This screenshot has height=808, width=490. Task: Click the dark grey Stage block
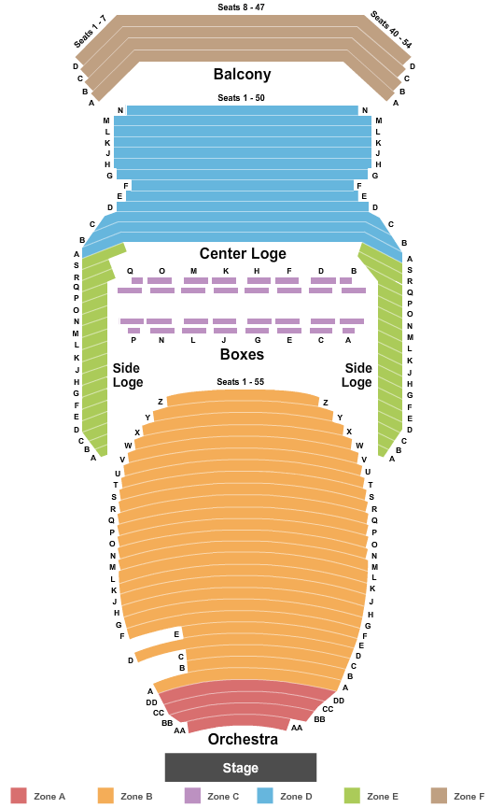(x=241, y=767)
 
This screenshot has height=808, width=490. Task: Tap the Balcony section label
(x=242, y=74)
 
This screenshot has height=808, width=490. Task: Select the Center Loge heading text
(x=243, y=253)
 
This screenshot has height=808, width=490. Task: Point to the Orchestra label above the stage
(x=243, y=739)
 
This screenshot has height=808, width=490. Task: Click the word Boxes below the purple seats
(x=242, y=355)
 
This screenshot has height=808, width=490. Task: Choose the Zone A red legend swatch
(x=19, y=796)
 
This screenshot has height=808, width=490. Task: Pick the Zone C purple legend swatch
(x=192, y=796)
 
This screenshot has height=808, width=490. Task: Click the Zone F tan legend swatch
(x=439, y=796)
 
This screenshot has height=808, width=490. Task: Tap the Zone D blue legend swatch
(x=264, y=796)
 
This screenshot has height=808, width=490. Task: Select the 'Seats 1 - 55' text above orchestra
(x=241, y=382)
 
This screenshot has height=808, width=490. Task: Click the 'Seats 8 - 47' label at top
(x=241, y=7)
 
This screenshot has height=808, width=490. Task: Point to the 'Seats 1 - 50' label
(x=241, y=98)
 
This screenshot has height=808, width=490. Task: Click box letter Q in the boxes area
(x=130, y=271)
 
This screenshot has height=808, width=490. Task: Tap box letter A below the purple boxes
(x=348, y=340)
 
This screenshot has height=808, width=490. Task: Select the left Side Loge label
(x=128, y=376)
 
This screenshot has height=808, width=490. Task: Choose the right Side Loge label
(x=357, y=376)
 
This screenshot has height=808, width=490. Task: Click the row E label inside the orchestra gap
(x=176, y=634)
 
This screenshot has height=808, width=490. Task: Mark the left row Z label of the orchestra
(x=161, y=402)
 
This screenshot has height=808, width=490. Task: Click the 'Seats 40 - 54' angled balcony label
(x=391, y=31)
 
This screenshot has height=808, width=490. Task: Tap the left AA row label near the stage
(x=179, y=730)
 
